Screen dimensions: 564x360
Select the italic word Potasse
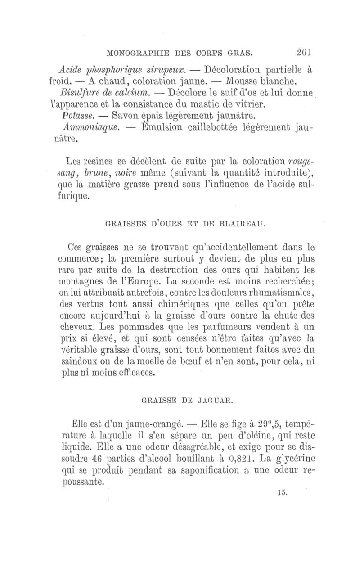74,117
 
